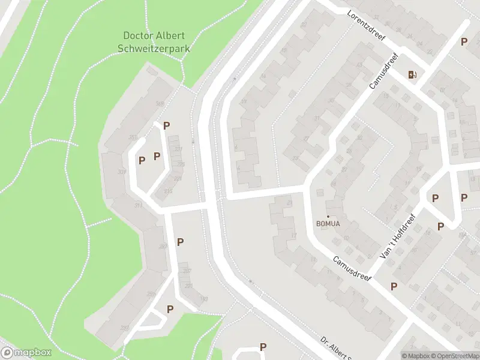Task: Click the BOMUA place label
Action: (328, 224)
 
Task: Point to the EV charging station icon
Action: (412, 74)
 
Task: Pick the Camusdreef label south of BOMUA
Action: (352, 270)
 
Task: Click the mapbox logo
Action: (26, 353)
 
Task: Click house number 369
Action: (160, 104)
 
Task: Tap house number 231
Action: (178, 149)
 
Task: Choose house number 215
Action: (168, 191)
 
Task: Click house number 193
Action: (204, 299)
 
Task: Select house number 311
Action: (138, 206)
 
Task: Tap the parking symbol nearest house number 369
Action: (167, 126)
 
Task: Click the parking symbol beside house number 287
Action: (180, 242)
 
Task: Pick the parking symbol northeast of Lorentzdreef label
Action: (464, 42)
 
